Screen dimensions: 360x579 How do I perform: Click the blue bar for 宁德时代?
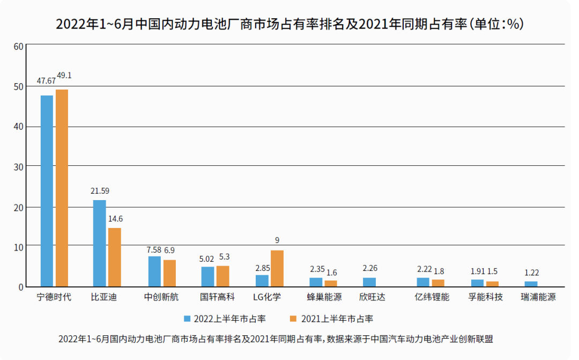(47, 190)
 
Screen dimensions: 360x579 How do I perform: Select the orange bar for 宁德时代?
(62, 188)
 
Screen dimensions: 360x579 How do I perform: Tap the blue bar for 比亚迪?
(99, 243)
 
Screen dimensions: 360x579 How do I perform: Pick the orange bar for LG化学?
(277, 268)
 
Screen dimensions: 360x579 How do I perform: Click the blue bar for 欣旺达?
(369, 282)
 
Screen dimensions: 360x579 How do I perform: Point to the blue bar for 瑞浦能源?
(531, 284)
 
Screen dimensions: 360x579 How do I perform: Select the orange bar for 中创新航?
(169, 273)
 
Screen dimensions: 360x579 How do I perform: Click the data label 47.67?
(46, 81)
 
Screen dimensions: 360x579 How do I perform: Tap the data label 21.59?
(100, 190)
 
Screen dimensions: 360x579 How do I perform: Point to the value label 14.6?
(115, 219)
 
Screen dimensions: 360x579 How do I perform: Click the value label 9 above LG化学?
(277, 240)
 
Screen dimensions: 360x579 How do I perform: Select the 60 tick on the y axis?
(18, 47)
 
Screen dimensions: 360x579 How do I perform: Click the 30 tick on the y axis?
(18, 167)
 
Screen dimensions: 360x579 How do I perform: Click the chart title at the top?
(289, 25)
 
